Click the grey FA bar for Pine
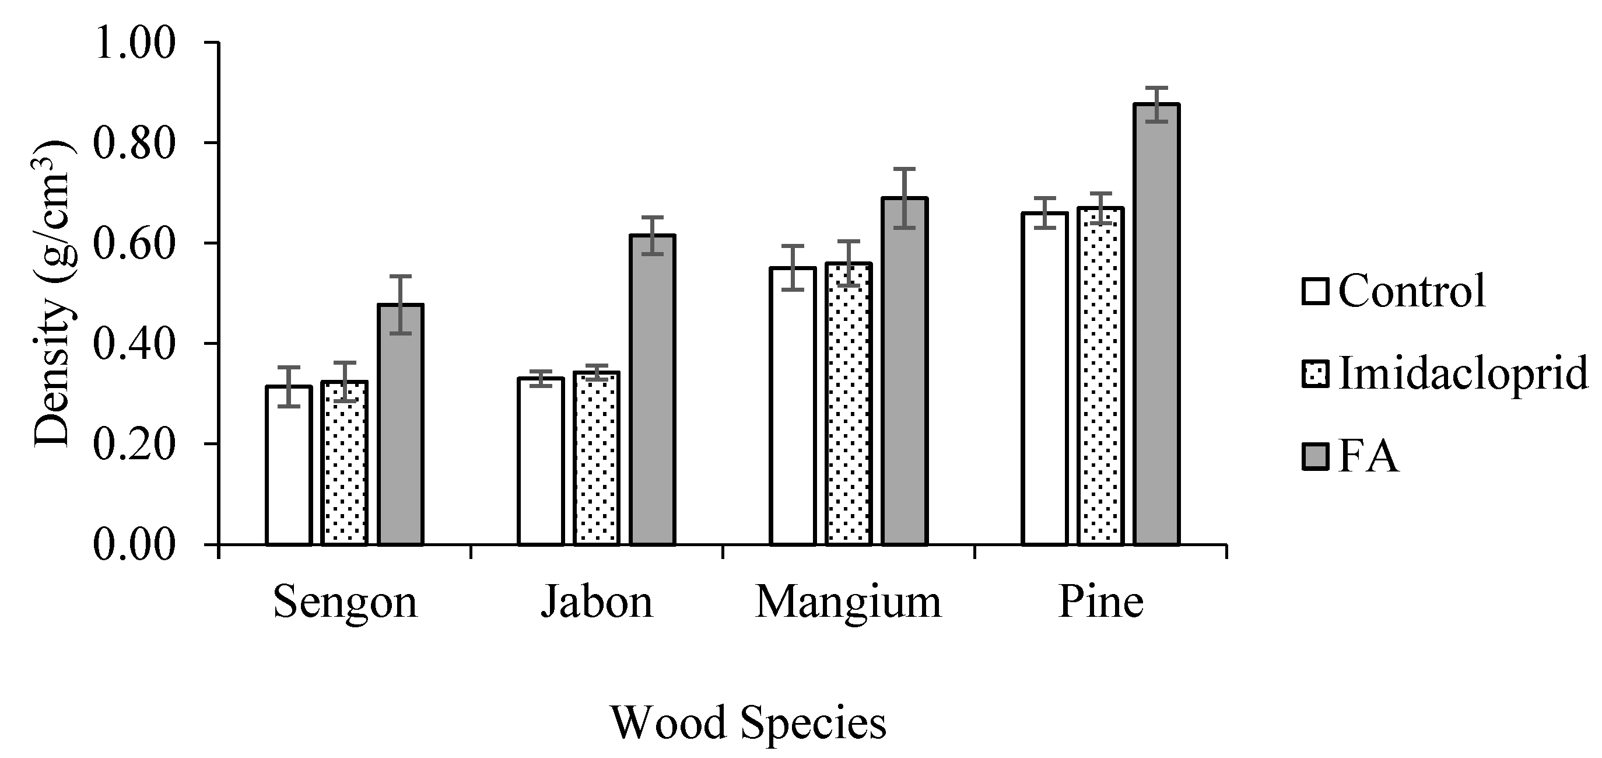point(1156,324)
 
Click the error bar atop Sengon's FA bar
point(401,305)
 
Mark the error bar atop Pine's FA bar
point(1156,104)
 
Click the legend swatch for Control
point(1314,291)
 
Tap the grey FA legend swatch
point(1314,457)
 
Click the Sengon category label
point(345,602)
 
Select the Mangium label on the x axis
point(849,602)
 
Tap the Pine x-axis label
point(1100,602)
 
